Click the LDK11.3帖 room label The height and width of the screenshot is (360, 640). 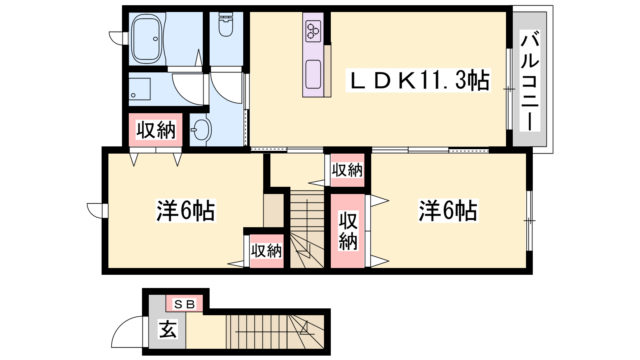(418, 80)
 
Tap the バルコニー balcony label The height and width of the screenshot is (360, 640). (530, 80)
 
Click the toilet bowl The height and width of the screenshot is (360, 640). (226, 25)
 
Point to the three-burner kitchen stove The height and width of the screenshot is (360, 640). (313, 31)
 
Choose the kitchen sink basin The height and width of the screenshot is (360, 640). (313, 74)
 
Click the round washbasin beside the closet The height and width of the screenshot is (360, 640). (201, 130)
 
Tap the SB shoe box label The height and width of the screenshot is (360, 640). (184, 304)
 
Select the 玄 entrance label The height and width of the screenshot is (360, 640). (168, 329)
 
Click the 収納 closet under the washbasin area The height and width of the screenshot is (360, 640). (156, 130)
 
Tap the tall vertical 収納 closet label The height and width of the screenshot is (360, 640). (348, 231)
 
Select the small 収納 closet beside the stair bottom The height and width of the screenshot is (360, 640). (266, 251)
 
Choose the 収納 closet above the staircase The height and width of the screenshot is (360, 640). (347, 170)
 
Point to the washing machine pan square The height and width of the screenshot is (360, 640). (140, 89)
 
